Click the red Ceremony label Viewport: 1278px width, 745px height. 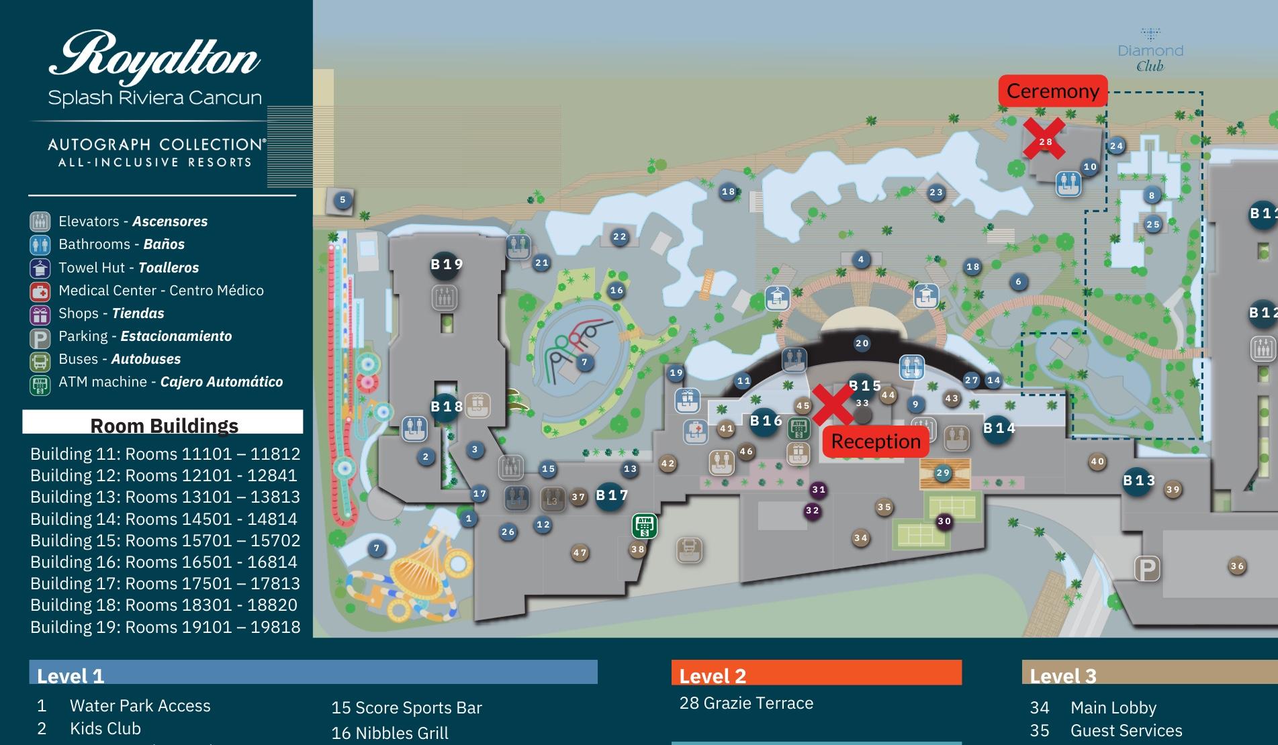1052,91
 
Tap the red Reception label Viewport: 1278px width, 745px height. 876,442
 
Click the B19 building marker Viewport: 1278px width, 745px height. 447,264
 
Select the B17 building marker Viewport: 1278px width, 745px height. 611,496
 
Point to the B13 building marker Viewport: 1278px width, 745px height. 1139,481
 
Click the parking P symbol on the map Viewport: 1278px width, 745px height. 1147,569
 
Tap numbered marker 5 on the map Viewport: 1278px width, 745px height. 343,199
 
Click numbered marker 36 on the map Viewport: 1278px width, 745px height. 1237,566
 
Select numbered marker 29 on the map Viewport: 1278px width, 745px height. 943,473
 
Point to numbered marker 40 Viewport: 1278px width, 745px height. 1097,462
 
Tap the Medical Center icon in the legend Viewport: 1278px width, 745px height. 40,291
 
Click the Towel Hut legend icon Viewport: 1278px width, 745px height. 40,268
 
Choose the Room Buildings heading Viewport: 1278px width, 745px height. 164,426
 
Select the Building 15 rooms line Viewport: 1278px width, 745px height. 165,540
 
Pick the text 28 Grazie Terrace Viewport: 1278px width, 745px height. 746,703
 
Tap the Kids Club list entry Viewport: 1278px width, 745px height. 105,728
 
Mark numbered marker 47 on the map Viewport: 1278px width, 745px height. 580,553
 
